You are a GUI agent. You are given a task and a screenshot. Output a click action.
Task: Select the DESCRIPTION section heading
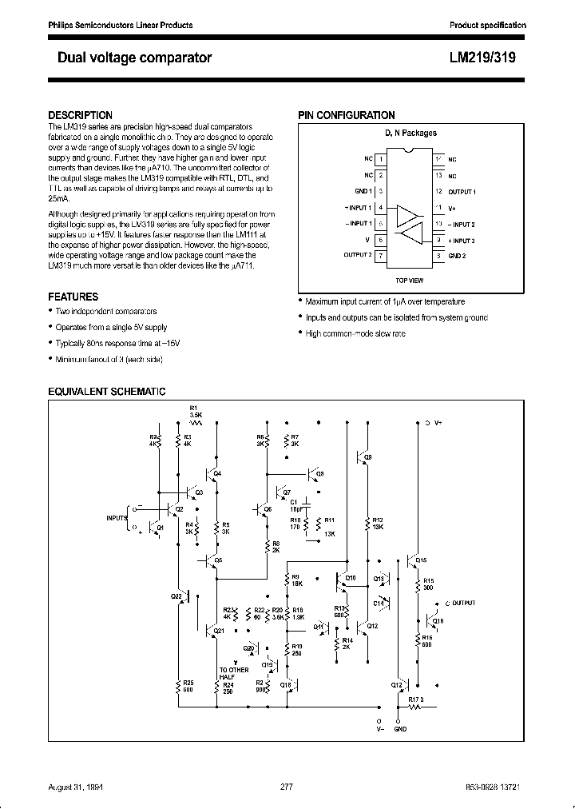tap(81, 115)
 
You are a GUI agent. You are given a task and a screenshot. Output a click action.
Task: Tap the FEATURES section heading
tap(73, 297)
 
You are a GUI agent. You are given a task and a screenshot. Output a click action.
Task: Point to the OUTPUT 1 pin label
tap(461, 192)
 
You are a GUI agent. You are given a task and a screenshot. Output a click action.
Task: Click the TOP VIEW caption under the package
tap(410, 281)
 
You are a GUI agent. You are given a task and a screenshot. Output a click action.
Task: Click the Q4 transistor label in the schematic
tap(218, 474)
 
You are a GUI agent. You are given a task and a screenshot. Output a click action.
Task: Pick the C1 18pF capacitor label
tap(295, 505)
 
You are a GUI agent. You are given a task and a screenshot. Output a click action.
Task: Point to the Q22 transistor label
tap(176, 596)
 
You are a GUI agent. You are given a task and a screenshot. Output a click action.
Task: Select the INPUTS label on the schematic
tap(117, 518)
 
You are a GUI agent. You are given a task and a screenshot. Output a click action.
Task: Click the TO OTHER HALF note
tap(233, 673)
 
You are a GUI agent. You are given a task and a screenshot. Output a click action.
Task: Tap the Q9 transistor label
tap(367, 456)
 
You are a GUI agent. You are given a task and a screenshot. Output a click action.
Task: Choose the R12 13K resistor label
tap(378, 524)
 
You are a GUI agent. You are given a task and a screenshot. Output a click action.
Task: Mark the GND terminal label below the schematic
tap(400, 729)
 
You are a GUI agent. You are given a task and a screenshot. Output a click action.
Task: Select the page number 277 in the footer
tap(287, 787)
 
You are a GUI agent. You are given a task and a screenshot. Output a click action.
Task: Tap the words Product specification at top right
tap(488, 26)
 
